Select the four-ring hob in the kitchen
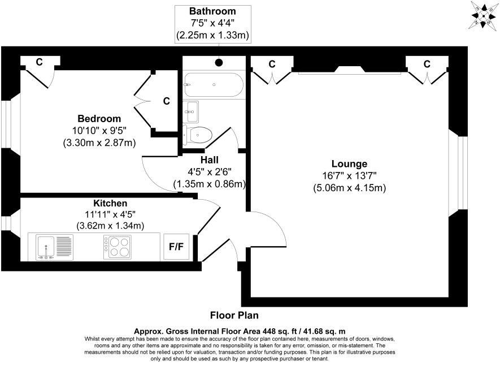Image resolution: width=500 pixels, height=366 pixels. [117, 247]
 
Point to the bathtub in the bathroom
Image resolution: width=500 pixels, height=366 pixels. [214, 85]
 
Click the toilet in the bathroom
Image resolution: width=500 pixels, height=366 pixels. [198, 135]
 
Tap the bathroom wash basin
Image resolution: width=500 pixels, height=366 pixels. [191, 111]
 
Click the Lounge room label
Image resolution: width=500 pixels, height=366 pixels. [349, 164]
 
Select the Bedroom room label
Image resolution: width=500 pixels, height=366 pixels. [99, 118]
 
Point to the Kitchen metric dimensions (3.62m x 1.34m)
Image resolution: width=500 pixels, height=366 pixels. [110, 225]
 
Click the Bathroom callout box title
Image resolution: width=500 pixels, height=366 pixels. [212, 11]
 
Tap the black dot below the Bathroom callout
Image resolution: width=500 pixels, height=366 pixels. [219, 63]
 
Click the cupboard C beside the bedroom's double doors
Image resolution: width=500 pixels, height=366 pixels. [166, 101]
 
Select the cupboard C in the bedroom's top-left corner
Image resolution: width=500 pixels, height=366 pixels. [39, 62]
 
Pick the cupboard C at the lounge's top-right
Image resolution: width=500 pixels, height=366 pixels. [427, 63]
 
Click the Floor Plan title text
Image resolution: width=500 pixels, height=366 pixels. [234, 316]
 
